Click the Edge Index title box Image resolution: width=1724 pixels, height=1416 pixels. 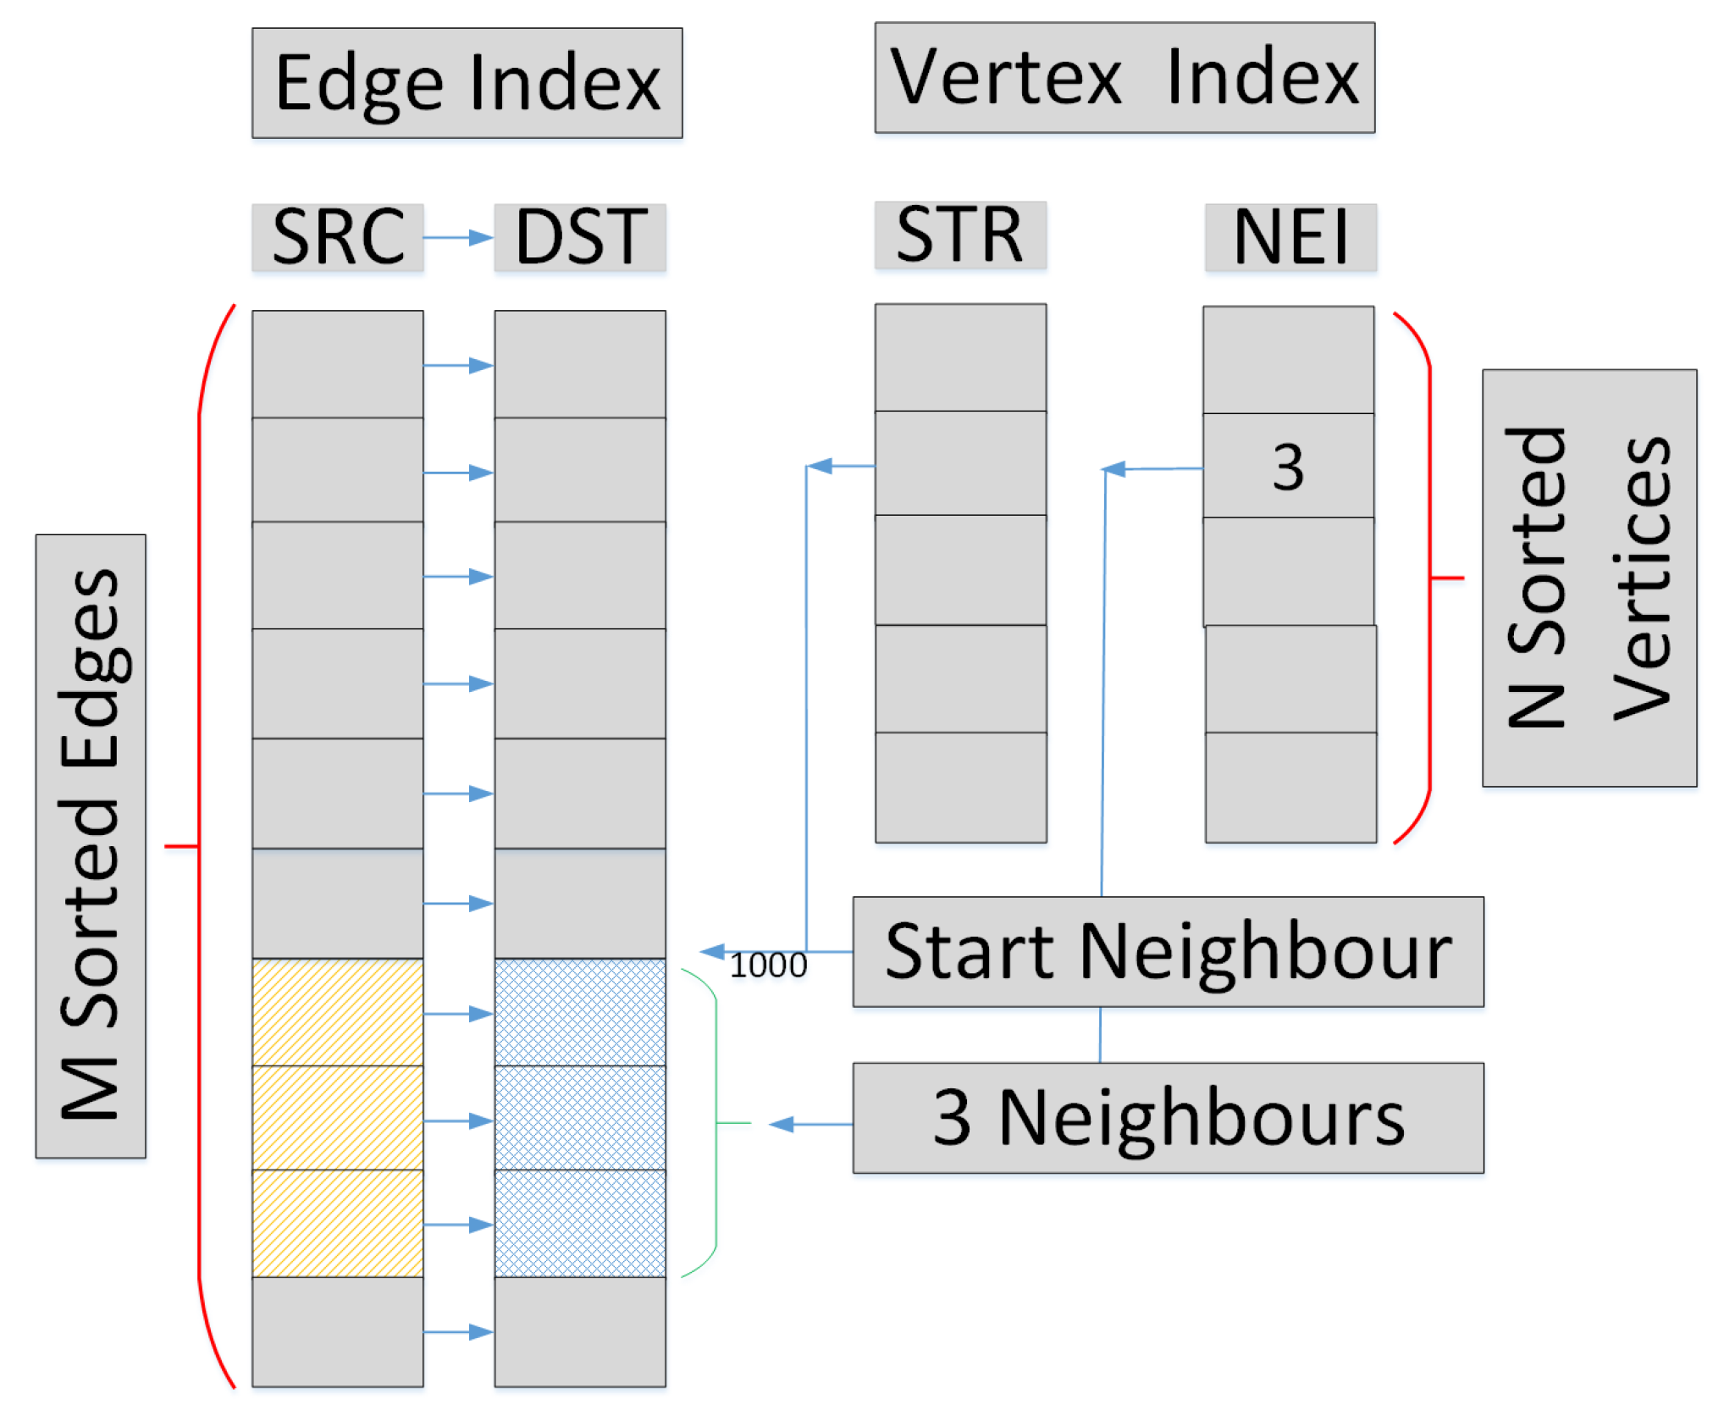click(467, 83)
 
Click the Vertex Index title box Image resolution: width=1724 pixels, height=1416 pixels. click(1124, 77)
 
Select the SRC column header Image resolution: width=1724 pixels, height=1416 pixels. click(337, 237)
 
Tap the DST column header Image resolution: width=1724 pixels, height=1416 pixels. click(580, 237)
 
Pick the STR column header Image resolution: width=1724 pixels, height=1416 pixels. click(960, 235)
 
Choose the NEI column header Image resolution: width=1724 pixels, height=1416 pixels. click(1290, 237)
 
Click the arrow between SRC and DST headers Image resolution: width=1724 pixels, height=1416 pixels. click(458, 237)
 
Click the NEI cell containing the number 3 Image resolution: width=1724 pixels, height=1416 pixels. click(1288, 466)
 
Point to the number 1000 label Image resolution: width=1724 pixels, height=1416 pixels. click(768, 965)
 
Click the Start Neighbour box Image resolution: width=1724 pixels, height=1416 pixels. click(1168, 952)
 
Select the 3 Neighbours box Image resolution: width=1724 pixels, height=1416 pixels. click(1168, 1118)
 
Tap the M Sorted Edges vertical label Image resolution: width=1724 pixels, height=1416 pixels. click(91, 845)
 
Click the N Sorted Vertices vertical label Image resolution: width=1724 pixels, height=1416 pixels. click(1589, 578)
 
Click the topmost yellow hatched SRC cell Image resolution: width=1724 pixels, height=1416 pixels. click(337, 1012)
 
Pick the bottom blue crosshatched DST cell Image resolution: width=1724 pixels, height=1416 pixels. click(580, 1223)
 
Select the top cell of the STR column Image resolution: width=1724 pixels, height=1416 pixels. click(960, 357)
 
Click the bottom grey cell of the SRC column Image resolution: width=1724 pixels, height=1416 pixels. click(337, 1330)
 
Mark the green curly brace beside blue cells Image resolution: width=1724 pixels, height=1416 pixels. click(716, 1123)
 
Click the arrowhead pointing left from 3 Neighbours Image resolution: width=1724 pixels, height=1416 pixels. click(781, 1124)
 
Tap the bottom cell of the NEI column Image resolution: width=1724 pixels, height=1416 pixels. click(1290, 787)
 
